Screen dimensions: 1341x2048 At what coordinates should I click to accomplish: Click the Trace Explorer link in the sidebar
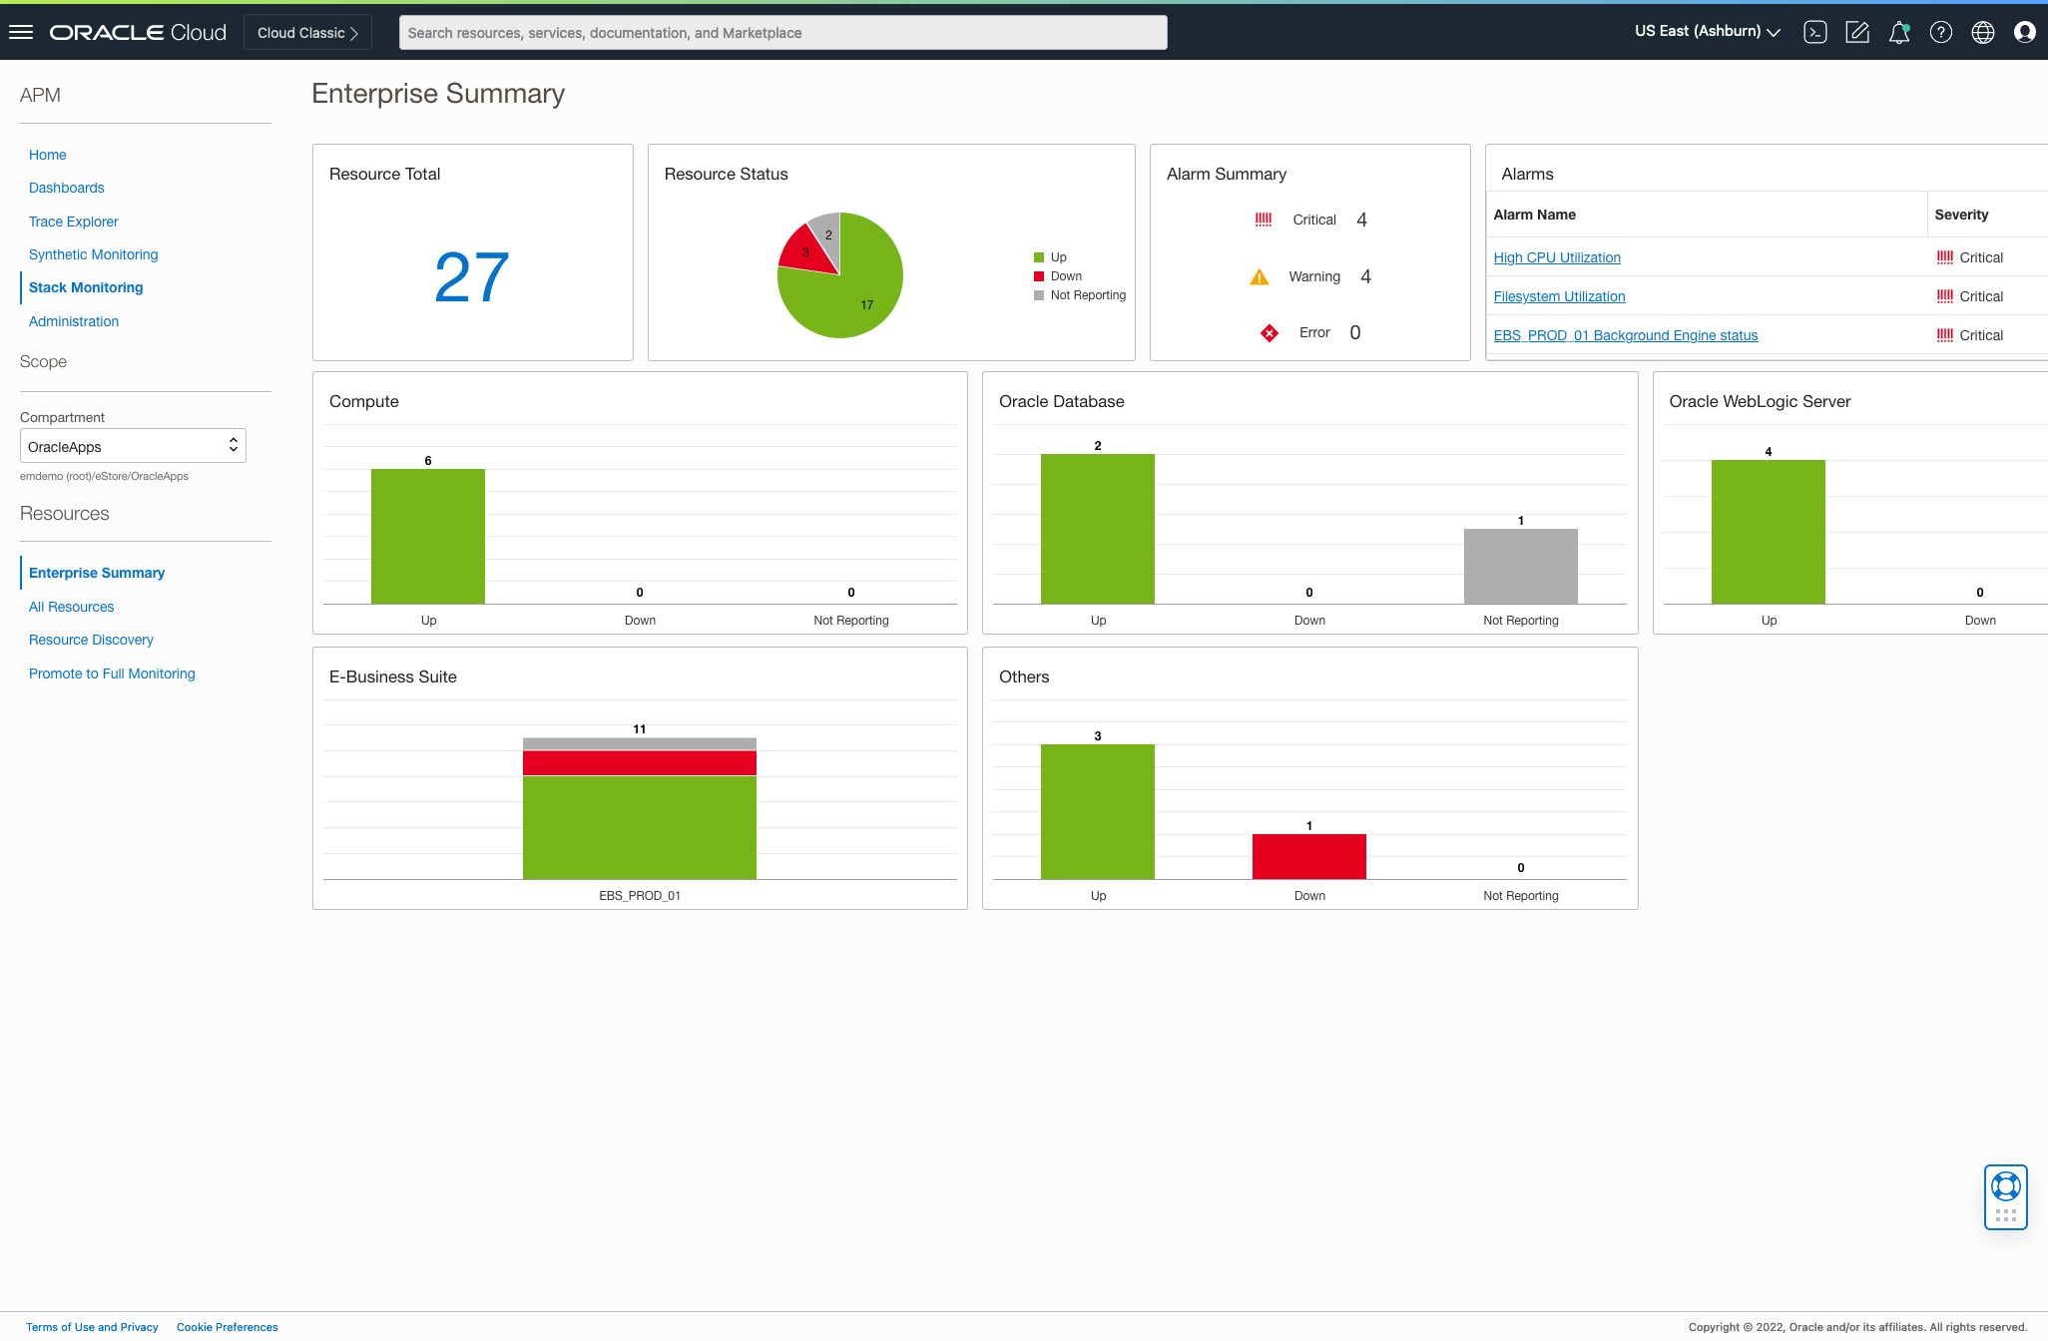[x=73, y=222]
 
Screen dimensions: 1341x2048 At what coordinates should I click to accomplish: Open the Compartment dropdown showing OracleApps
[x=133, y=446]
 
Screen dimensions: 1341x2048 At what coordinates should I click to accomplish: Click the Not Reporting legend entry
[x=1087, y=295]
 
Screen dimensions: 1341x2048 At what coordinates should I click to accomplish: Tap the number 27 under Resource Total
[x=472, y=277]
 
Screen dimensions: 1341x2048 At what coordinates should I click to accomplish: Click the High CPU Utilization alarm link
[x=1556, y=257]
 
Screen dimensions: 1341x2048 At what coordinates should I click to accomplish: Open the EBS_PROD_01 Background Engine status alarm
[x=1625, y=335]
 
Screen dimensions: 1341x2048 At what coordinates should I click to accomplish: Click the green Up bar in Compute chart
[x=428, y=536]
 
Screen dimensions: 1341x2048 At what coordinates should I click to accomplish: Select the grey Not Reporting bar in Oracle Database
[x=1520, y=566]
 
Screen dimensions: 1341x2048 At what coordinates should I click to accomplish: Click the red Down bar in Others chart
[x=1308, y=856]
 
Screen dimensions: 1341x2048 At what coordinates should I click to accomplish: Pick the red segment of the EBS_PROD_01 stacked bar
[x=639, y=763]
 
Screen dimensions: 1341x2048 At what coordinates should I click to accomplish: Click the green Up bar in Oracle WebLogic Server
[x=1768, y=531]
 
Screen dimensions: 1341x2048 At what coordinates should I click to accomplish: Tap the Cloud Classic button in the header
[x=307, y=33]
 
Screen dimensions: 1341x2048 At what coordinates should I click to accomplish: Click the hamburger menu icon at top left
[x=21, y=33]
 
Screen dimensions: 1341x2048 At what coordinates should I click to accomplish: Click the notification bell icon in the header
[x=1898, y=33]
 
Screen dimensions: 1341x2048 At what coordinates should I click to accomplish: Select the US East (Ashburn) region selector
[x=1707, y=32]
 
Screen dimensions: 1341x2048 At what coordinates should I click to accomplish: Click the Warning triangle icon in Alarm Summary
[x=1260, y=277]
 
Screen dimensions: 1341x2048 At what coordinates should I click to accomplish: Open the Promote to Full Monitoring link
[x=112, y=673]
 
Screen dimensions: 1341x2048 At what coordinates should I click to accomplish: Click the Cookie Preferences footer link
[x=227, y=1327]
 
